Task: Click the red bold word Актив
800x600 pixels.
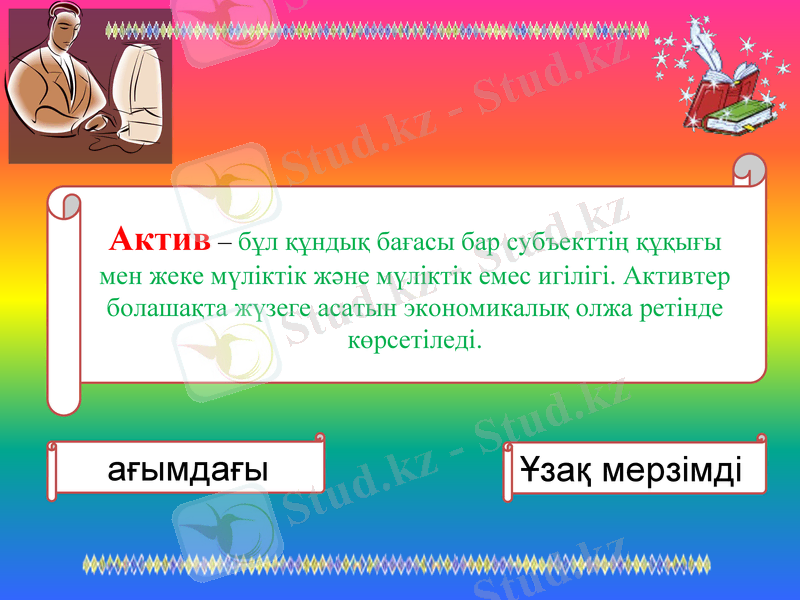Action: point(160,240)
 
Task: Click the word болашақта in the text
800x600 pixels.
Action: point(157,307)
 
